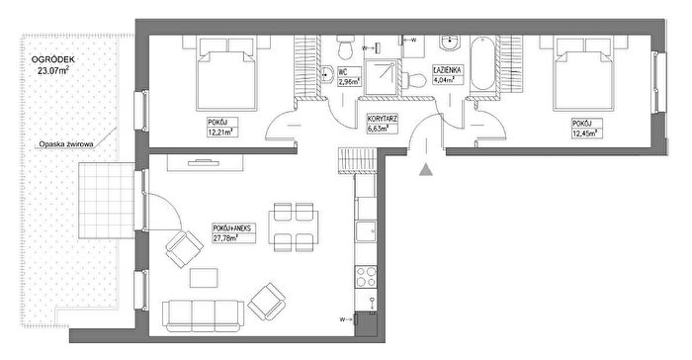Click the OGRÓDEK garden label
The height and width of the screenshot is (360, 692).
(x=53, y=64)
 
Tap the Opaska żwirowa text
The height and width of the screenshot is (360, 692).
(x=66, y=144)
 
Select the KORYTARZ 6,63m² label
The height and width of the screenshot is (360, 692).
(x=383, y=124)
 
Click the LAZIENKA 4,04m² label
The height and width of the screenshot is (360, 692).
(x=448, y=75)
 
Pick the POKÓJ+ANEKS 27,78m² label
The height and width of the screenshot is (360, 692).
(x=234, y=232)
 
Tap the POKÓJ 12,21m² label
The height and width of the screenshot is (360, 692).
(x=222, y=128)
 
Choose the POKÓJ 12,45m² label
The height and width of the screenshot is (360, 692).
(x=587, y=129)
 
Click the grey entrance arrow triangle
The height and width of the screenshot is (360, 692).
(x=425, y=170)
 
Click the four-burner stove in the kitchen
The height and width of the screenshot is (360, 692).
(x=366, y=277)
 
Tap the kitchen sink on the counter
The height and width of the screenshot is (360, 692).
(x=366, y=231)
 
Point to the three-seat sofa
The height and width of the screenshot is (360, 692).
(x=203, y=315)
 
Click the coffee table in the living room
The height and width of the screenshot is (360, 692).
(x=204, y=278)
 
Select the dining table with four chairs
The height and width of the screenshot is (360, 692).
(x=294, y=227)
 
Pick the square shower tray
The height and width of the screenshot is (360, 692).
(x=380, y=76)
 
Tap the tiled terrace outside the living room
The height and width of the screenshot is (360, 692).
(x=107, y=200)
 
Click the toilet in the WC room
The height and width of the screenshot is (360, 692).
(x=345, y=46)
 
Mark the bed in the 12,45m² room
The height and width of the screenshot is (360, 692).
(x=583, y=74)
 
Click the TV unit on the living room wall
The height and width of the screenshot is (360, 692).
(x=206, y=162)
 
